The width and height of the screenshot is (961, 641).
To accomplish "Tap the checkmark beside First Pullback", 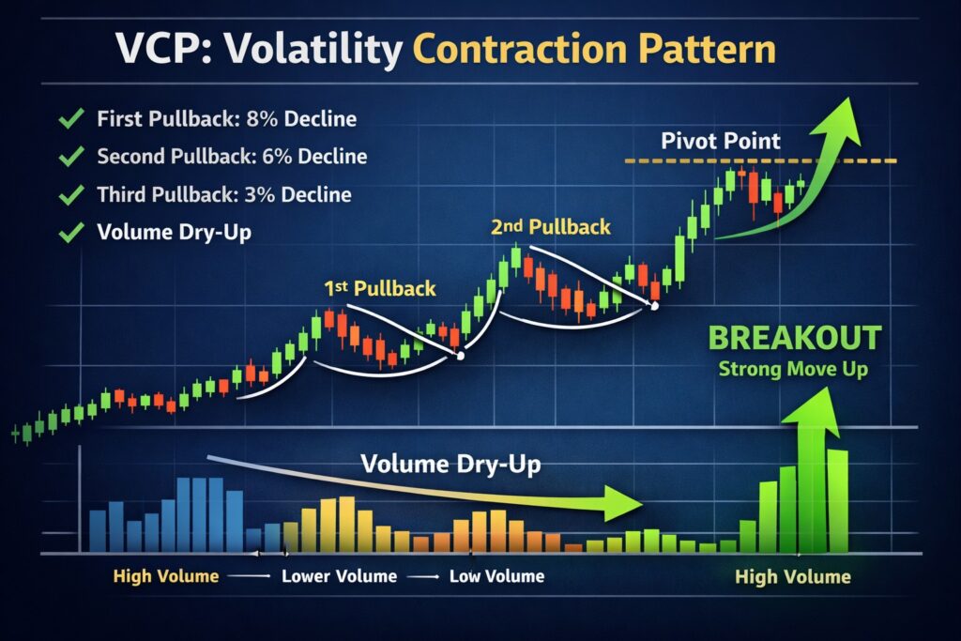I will [x=69, y=119].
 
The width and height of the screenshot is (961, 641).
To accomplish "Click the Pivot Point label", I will [x=720, y=142].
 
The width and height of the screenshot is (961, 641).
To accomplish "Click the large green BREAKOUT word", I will [x=794, y=339].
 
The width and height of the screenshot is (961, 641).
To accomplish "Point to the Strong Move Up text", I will [x=793, y=369].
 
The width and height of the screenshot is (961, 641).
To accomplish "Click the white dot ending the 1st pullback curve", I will [x=460, y=355].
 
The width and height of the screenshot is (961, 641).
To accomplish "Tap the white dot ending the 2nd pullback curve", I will [x=655, y=306].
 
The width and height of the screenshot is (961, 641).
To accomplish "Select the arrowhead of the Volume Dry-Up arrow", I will [x=623, y=503].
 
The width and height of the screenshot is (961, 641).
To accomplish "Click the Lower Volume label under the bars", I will [x=339, y=575].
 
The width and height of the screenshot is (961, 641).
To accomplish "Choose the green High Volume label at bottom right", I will [x=793, y=577].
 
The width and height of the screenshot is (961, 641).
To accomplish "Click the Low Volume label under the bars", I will [x=496, y=575].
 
